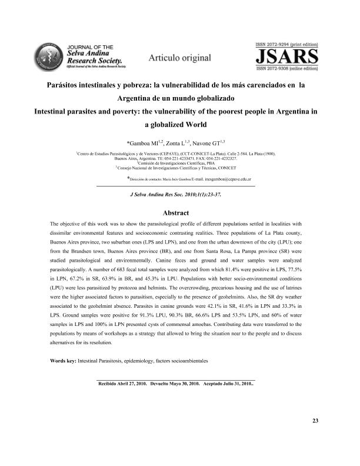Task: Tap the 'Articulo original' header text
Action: [179, 57]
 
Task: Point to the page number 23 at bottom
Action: [315, 421]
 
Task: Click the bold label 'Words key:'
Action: [63, 360]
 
